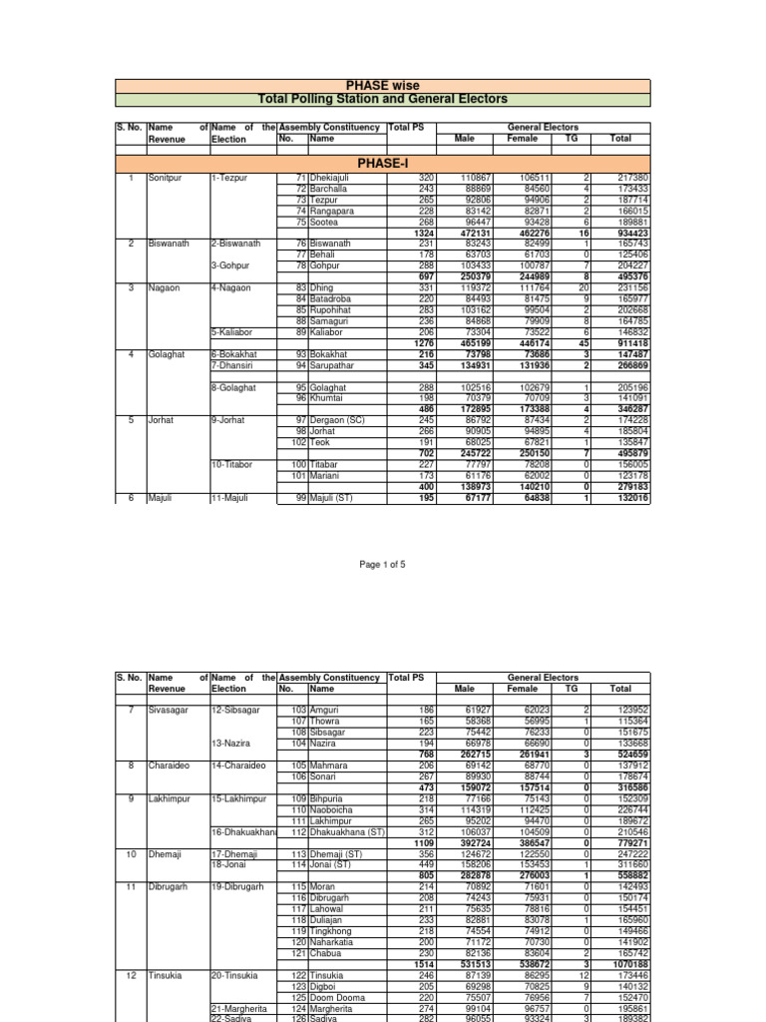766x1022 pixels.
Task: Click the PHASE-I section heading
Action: [383, 163]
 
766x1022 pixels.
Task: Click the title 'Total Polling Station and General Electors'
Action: [383, 99]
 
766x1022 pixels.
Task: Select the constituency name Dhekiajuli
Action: [332, 178]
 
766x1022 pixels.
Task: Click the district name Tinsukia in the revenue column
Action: [167, 973]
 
